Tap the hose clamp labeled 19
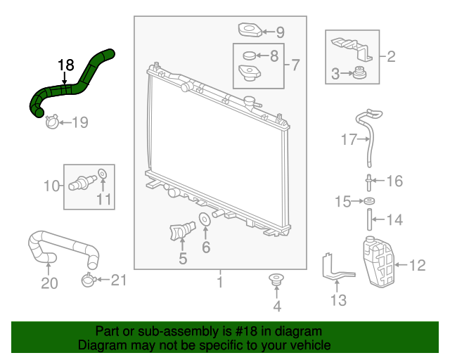click(x=52, y=122)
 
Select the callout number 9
click(x=280, y=32)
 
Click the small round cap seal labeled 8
click(x=249, y=56)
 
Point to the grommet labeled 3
click(x=359, y=72)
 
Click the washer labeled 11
click(x=102, y=174)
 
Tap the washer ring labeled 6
click(x=205, y=219)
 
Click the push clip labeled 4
click(x=276, y=280)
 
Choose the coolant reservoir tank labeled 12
click(x=378, y=262)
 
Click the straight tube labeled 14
click(x=369, y=219)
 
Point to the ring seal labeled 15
click(x=369, y=201)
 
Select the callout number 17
click(x=349, y=139)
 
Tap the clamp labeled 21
click(x=88, y=280)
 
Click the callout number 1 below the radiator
click(x=220, y=282)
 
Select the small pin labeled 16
click(x=368, y=183)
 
